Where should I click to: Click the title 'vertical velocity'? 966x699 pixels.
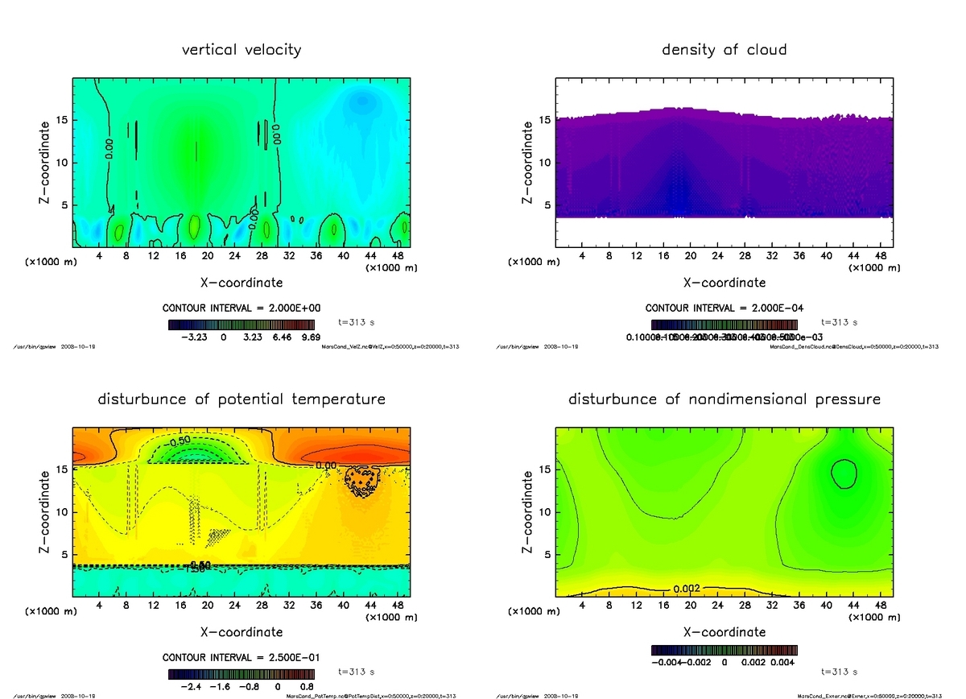242,50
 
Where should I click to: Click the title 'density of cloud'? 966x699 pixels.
724,50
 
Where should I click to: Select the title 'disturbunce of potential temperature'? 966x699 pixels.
242,399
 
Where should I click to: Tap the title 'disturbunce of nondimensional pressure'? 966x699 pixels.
724,399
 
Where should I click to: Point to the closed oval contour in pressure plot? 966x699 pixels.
843,474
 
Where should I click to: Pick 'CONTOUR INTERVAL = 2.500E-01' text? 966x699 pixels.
242,657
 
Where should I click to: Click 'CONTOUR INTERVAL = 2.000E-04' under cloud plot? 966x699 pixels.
724,308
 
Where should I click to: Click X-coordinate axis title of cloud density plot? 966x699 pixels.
724,283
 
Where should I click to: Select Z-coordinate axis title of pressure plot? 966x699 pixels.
529,511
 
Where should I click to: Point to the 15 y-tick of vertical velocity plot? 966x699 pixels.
63,121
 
